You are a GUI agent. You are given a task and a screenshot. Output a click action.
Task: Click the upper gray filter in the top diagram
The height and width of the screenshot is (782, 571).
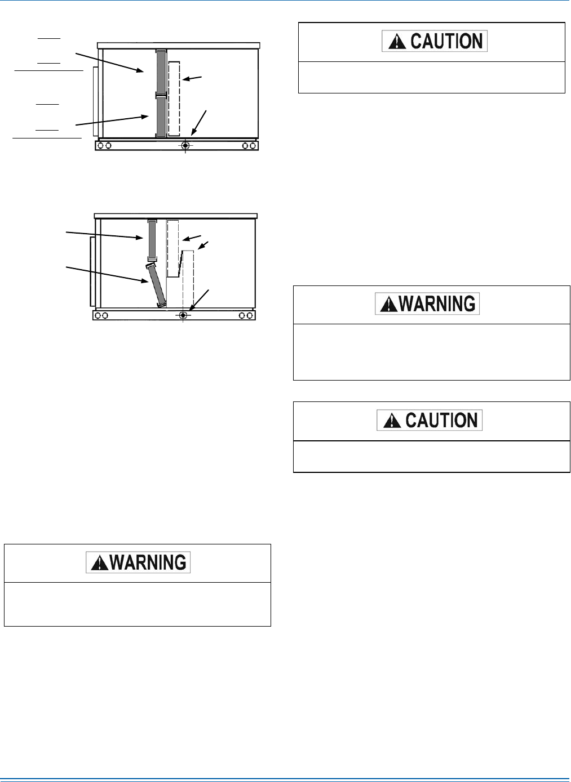pyautogui.click(x=161, y=72)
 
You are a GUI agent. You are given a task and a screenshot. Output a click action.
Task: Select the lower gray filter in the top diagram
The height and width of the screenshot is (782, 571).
pyautogui.click(x=161, y=117)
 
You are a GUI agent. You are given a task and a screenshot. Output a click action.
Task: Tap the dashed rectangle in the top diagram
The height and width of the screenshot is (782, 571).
pyautogui.click(x=174, y=99)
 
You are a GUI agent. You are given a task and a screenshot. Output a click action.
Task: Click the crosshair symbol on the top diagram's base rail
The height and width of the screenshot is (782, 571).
pyautogui.click(x=185, y=145)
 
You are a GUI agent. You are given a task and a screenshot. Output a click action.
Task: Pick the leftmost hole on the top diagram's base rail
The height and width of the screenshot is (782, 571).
pyautogui.click(x=101, y=145)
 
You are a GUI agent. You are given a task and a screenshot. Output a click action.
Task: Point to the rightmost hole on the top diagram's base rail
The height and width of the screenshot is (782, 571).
pyautogui.click(x=253, y=145)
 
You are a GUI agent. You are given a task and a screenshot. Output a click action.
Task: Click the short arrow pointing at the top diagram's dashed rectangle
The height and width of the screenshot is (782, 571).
pyautogui.click(x=191, y=78)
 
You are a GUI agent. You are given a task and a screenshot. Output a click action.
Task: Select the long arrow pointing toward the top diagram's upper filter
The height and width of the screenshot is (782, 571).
pyautogui.click(x=110, y=62)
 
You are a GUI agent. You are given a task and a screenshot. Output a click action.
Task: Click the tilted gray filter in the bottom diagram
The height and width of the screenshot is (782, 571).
pyautogui.click(x=156, y=285)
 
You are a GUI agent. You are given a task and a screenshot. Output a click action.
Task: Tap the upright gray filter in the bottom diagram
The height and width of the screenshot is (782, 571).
pyautogui.click(x=152, y=239)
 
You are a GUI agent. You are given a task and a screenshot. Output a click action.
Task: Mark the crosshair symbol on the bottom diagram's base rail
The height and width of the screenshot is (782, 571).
pyautogui.click(x=183, y=315)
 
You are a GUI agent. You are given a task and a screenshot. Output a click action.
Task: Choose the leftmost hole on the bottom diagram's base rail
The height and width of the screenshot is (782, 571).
pyautogui.click(x=98, y=315)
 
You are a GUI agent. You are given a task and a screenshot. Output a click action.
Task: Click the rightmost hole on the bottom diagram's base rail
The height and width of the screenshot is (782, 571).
pyautogui.click(x=250, y=315)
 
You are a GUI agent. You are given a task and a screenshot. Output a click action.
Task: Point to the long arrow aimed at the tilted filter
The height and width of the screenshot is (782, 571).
pyautogui.click(x=107, y=274)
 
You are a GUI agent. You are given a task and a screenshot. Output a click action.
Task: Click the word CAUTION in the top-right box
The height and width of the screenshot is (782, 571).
pyautogui.click(x=446, y=41)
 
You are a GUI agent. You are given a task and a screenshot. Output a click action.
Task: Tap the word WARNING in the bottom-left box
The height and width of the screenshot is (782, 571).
pyautogui.click(x=148, y=562)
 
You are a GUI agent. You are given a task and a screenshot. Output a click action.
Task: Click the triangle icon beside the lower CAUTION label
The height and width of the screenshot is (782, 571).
pyautogui.click(x=392, y=421)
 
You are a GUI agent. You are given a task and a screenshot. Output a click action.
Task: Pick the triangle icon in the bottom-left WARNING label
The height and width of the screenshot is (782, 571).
pyautogui.click(x=99, y=562)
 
